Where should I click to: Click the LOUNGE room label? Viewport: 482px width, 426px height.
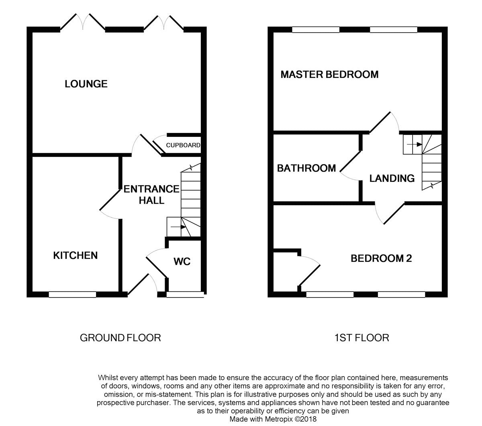(x=86, y=84)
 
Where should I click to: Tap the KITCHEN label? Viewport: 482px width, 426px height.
(x=76, y=255)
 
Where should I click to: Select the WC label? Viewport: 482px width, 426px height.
(x=182, y=262)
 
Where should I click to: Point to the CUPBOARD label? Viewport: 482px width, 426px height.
(x=183, y=145)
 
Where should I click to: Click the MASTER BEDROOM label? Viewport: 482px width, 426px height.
(x=329, y=74)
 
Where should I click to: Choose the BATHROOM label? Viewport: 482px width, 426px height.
(x=306, y=168)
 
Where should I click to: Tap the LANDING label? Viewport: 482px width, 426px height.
(x=392, y=178)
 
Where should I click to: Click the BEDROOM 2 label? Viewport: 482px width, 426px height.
(x=381, y=259)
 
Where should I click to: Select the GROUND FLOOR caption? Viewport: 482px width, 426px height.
(x=120, y=338)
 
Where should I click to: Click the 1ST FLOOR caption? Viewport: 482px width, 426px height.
(x=361, y=338)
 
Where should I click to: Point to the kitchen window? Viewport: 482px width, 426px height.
(x=72, y=295)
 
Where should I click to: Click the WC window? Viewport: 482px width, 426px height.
(x=185, y=295)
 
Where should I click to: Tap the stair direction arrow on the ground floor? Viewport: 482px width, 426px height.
(x=178, y=227)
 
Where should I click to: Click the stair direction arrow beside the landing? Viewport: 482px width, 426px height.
(x=415, y=145)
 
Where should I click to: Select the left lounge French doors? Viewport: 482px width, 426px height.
(x=83, y=22)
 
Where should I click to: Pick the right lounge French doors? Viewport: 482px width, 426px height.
(x=164, y=22)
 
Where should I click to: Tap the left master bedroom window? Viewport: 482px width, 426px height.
(x=316, y=29)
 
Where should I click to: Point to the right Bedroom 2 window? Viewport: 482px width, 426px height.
(x=401, y=295)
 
